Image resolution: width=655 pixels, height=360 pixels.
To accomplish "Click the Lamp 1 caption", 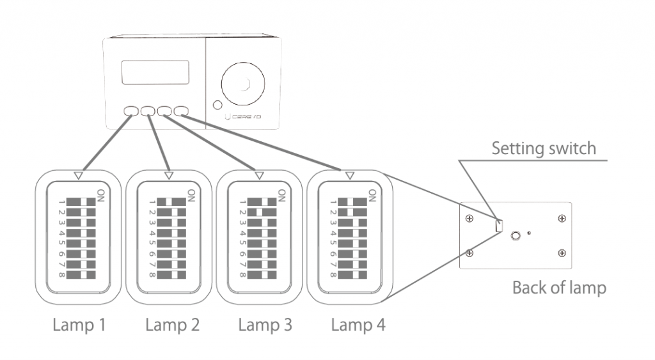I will coord(79,325).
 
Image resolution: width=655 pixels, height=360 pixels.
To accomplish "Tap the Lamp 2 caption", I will coord(172,325).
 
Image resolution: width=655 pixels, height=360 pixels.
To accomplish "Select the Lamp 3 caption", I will coord(265,325).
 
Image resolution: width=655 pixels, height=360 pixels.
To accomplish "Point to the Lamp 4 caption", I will coord(358,325).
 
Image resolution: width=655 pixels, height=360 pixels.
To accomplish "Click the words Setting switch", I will coord(543,149).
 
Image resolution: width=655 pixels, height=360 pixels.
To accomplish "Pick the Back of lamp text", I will coord(558,288).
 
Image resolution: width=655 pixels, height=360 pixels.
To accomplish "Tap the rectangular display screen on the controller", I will coord(155,72).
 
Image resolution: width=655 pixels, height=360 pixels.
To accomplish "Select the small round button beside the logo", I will coord(217,105).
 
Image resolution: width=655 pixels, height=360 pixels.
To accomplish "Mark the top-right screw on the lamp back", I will coord(561,218).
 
